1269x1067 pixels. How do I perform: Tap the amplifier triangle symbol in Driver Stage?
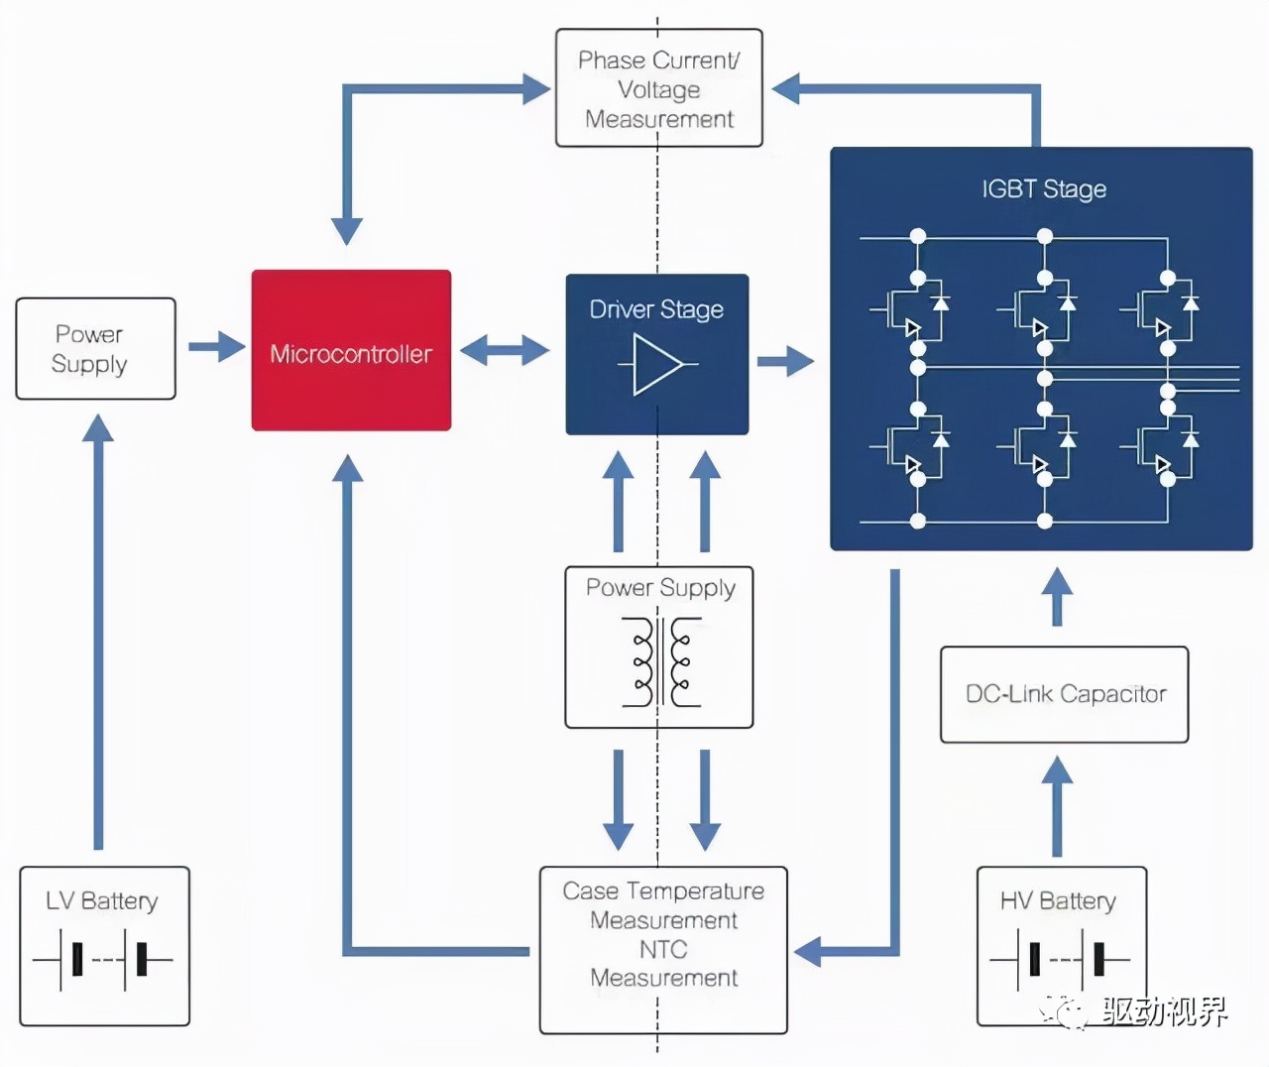[657, 365]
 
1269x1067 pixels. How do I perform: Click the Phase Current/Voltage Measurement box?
[658, 89]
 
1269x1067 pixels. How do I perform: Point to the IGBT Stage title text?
[1043, 188]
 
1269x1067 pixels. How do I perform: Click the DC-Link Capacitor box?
[1064, 694]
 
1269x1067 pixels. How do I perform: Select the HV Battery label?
[1058, 900]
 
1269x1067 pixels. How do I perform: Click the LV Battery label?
[101, 900]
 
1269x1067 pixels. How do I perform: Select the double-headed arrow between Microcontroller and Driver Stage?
[505, 350]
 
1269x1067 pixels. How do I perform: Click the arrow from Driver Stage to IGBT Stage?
[785, 361]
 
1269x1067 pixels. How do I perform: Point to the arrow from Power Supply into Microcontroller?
[216, 347]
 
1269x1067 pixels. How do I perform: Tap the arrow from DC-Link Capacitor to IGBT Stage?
[1058, 596]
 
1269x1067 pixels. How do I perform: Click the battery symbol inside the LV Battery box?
[103, 960]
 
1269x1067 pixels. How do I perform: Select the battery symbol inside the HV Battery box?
[1060, 960]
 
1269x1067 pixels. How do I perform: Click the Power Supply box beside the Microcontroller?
[95, 349]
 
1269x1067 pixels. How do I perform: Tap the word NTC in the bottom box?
[663, 949]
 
